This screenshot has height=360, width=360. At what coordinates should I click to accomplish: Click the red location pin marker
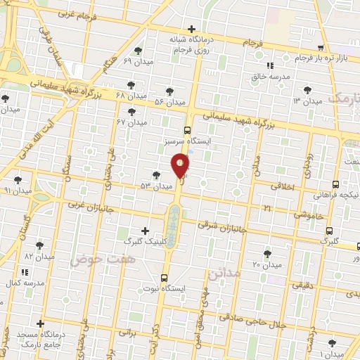pyautogui.click(x=181, y=165)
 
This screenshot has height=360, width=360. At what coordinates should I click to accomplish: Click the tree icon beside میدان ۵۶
pyautogui.click(x=169, y=91)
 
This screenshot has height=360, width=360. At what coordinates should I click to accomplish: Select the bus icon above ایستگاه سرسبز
pyautogui.click(x=187, y=130)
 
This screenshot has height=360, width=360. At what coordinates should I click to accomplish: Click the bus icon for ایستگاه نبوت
pyautogui.click(x=164, y=278)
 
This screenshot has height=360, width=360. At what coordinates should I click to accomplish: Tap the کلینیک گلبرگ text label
pyautogui.click(x=143, y=241)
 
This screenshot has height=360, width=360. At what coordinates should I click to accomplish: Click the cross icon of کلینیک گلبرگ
pyautogui.click(x=146, y=230)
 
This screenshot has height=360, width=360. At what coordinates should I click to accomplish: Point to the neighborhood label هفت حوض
pyautogui.click(x=92, y=260)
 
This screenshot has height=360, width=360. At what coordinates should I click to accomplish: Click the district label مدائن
pyautogui.click(x=224, y=272)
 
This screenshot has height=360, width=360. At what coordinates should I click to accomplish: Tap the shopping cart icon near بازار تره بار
pyautogui.click(x=321, y=48)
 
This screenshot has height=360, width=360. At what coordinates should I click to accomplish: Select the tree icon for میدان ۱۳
pyautogui.click(x=307, y=89)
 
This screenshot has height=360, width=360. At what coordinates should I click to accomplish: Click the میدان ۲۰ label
pyautogui.click(x=266, y=264)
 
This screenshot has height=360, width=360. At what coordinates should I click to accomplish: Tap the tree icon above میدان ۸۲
pyautogui.click(x=39, y=245)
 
